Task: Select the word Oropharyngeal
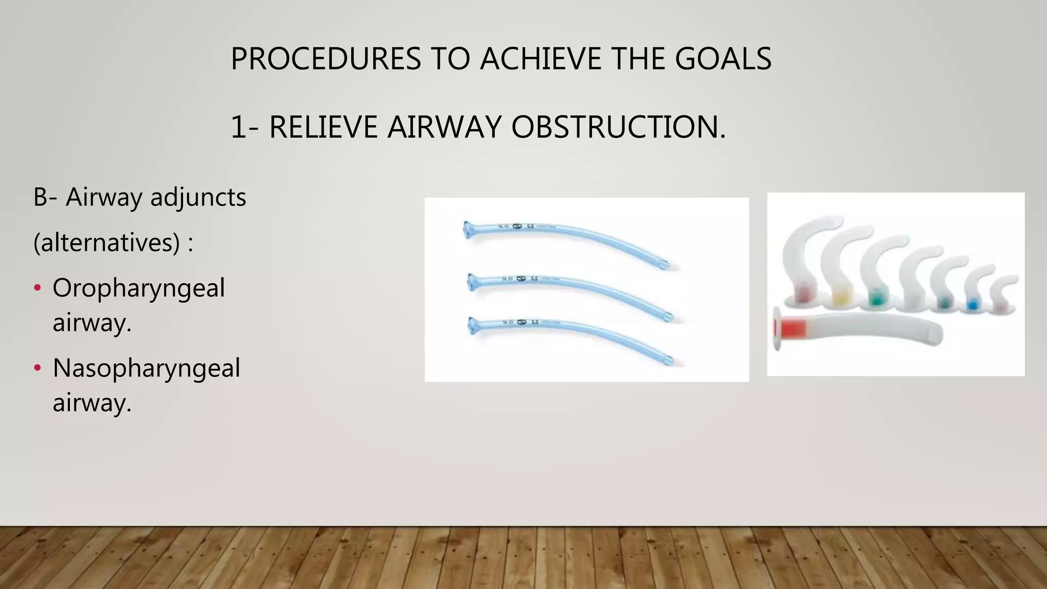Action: tap(139, 288)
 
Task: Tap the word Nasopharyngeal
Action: tap(146, 368)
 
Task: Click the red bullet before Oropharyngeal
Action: tap(37, 288)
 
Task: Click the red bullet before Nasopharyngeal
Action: tap(37, 368)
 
